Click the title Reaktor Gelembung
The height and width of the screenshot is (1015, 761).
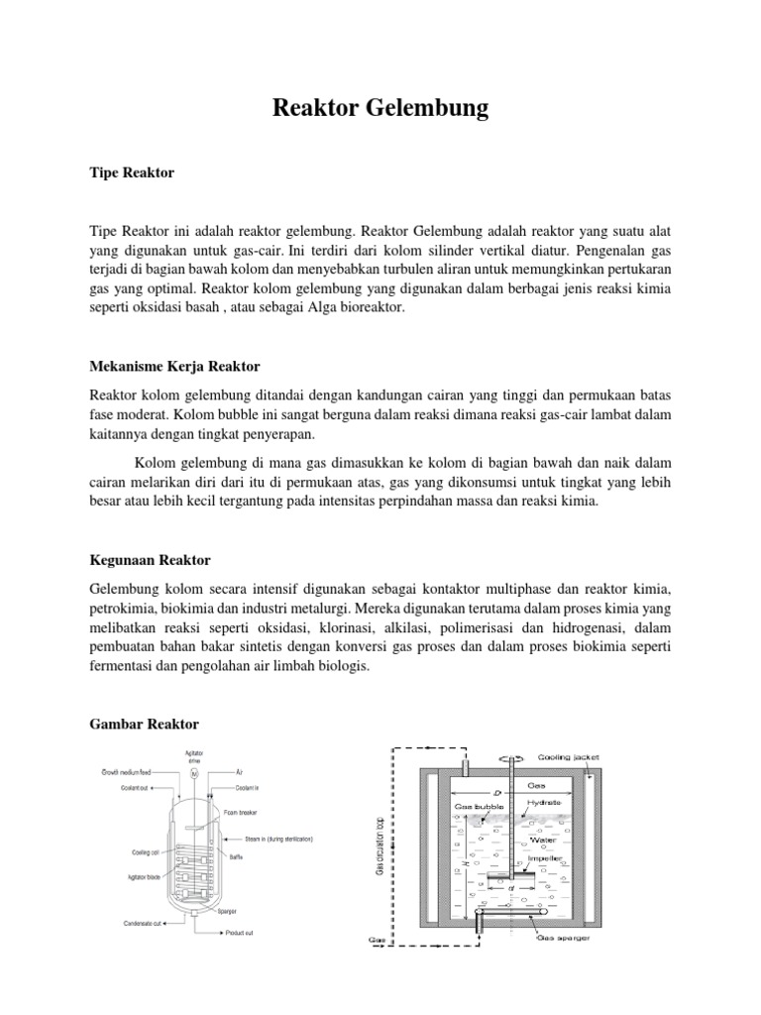[380, 107]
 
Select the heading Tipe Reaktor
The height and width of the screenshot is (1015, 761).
[132, 172]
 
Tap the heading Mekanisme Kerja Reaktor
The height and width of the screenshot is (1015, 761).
[174, 367]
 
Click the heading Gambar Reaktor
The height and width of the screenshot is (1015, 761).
[144, 724]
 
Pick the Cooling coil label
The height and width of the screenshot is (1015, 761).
[145, 850]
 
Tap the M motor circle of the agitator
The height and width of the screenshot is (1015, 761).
[195, 771]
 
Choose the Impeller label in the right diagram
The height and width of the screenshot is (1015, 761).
[545, 857]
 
